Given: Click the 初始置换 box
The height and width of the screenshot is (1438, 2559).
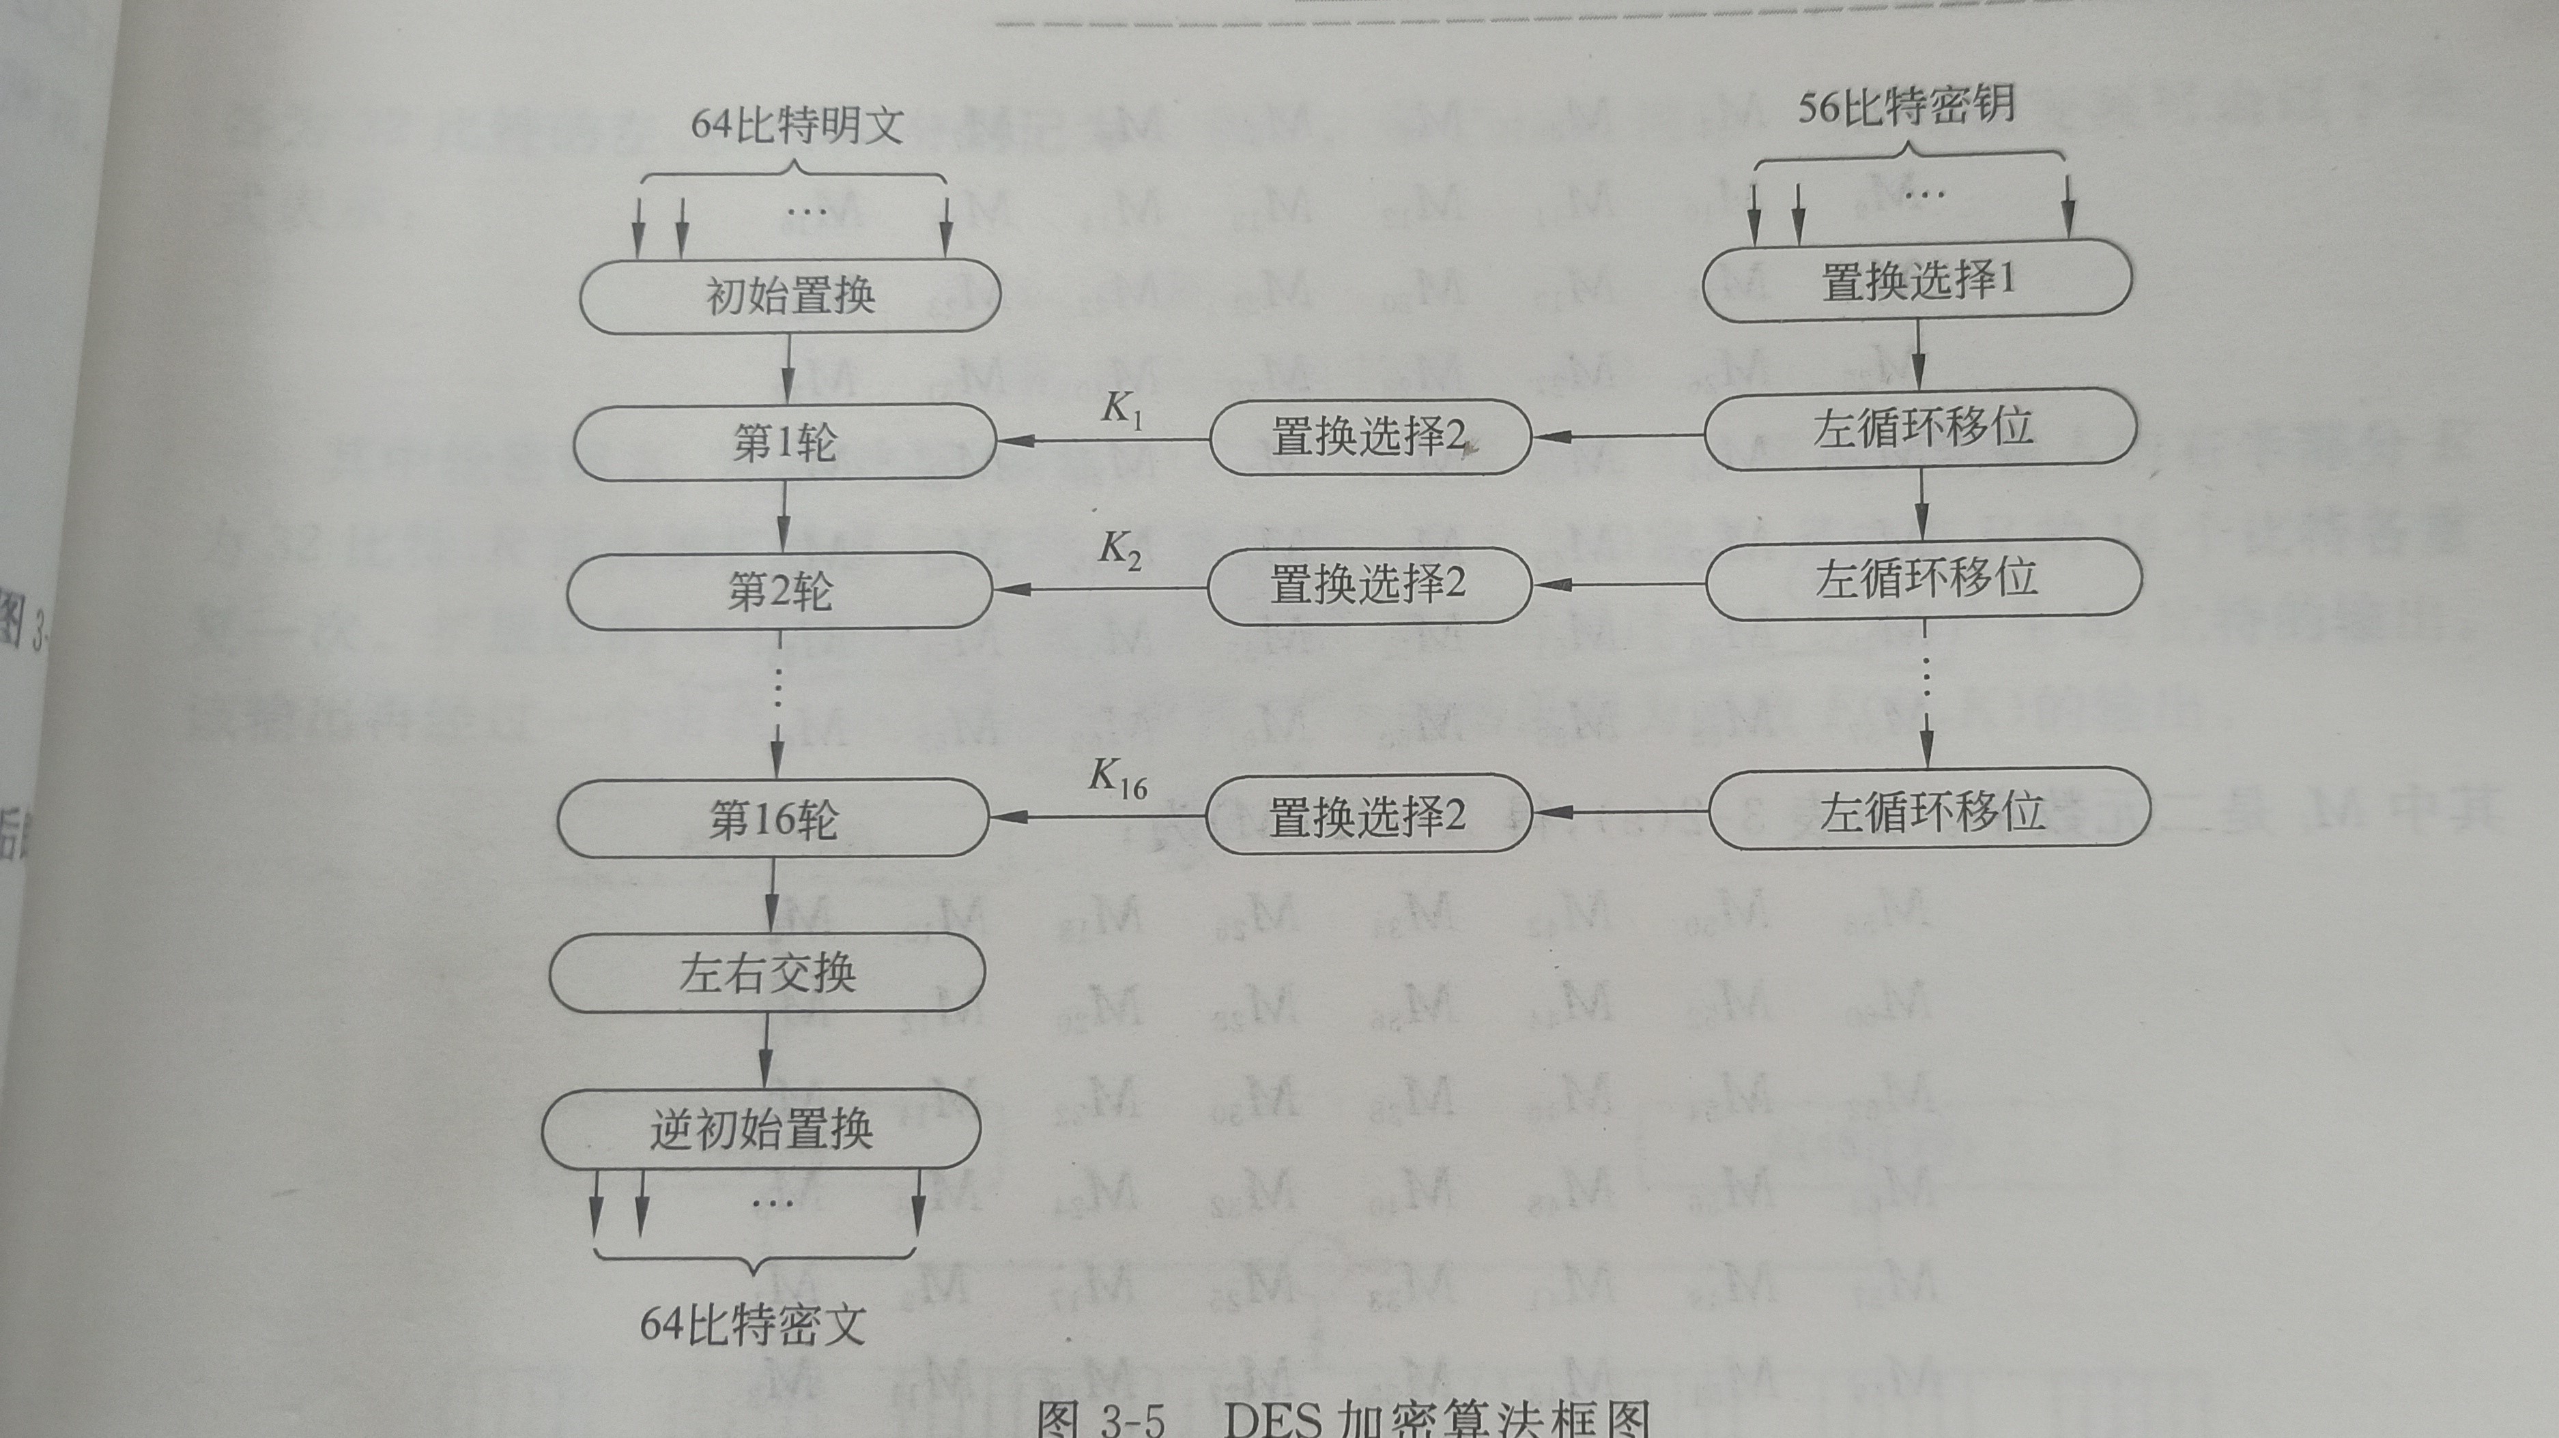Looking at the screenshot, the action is [790, 296].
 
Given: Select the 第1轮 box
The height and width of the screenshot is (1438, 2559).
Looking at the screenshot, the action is [785, 441].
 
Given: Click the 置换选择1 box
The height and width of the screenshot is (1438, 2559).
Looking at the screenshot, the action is [1917, 281].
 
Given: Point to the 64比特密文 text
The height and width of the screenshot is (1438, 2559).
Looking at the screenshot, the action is [753, 1324].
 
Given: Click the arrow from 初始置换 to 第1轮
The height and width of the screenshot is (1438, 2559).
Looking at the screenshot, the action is [788, 368].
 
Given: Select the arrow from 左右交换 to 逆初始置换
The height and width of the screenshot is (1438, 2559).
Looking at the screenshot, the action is [764, 1051].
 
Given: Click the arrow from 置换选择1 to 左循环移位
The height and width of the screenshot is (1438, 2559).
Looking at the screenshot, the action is [1918, 355].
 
